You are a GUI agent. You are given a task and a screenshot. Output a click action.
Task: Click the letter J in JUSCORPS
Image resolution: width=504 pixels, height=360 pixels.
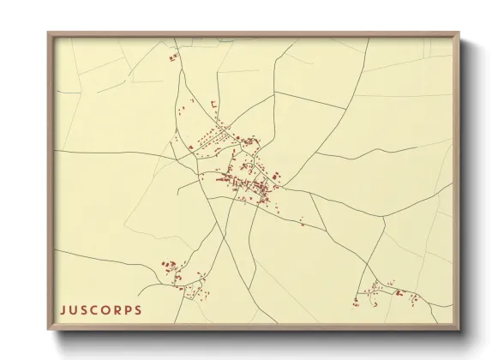coord(63,309)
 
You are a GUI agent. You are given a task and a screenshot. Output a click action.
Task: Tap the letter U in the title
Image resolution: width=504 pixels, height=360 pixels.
coord(74,309)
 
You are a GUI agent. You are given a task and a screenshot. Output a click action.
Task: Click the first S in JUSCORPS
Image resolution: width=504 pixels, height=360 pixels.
coord(86,309)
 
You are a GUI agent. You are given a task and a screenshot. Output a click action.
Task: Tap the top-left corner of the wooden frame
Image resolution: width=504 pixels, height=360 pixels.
coord(48,33)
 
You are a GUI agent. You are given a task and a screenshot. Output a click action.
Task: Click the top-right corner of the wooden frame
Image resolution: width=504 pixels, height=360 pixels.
coord(460,33)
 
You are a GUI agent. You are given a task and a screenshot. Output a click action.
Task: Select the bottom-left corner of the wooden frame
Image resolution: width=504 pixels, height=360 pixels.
coord(48,330)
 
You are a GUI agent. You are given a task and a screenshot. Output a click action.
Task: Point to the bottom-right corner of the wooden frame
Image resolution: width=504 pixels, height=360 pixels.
coord(460,330)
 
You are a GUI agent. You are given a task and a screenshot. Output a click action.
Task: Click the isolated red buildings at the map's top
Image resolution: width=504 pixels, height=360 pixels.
coord(173,57)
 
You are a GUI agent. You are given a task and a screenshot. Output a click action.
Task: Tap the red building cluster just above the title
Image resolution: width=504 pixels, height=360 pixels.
coord(169,267)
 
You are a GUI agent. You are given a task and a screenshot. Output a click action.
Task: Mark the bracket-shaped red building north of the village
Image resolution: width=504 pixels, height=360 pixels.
coord(213,104)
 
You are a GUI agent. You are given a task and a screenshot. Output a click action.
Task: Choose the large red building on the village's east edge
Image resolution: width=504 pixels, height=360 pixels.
coord(277,176)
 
